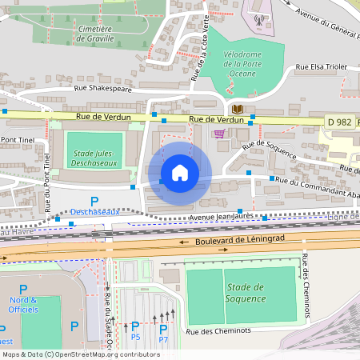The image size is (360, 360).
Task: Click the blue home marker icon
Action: (x=179, y=173)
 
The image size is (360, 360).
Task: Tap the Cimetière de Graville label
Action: (x=83, y=31)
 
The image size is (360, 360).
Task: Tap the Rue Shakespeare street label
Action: (x=99, y=90)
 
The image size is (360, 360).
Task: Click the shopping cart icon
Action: (x=219, y=134)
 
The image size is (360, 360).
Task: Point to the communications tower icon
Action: (x=258, y=19)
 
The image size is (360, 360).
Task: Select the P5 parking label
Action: (x=135, y=336)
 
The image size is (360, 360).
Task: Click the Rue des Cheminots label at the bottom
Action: (x=218, y=331)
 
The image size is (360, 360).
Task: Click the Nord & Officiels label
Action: (x=23, y=305)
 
